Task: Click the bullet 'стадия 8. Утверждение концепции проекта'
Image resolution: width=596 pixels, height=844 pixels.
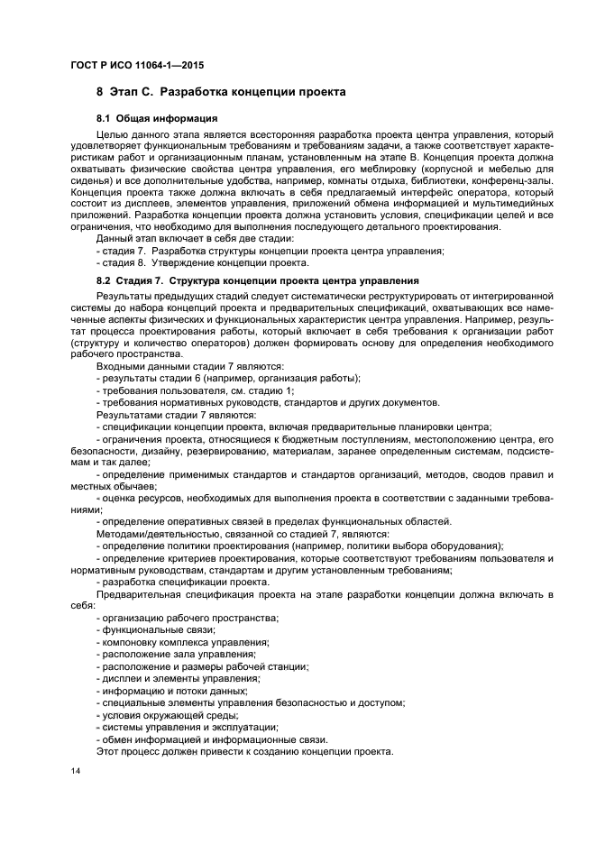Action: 202,263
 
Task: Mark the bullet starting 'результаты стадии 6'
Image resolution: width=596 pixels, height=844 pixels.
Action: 227,378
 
